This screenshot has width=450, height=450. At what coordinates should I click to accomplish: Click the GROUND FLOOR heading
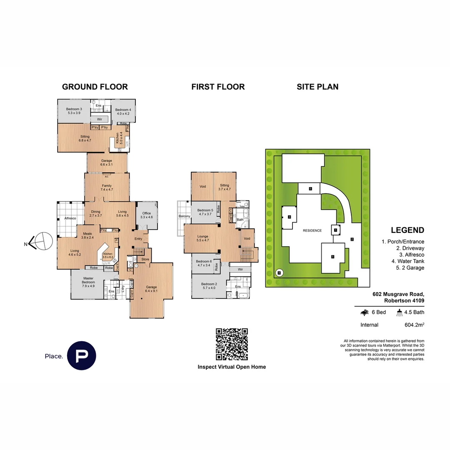[95, 87]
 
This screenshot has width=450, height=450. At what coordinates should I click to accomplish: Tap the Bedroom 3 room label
[74, 111]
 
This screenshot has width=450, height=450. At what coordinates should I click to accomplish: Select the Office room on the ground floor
[147, 215]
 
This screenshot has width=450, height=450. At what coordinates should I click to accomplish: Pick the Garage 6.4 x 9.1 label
[151, 289]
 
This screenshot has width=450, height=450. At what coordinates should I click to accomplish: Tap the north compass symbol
[41, 242]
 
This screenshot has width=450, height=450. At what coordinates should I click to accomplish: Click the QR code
[232, 344]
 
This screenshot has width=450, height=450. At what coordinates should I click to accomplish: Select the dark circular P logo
[82, 355]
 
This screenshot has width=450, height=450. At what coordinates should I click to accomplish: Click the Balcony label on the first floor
[184, 216]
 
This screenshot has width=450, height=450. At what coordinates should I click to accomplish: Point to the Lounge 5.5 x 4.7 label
[202, 238]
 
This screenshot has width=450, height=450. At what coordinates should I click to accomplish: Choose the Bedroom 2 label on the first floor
[210, 286]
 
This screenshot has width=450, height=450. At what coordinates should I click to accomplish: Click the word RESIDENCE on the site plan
[312, 230]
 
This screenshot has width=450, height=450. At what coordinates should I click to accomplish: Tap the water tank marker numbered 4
[279, 273]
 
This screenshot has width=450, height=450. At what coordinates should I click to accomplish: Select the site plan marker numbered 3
[289, 217]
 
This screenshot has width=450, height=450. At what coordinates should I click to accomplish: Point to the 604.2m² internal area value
[411, 325]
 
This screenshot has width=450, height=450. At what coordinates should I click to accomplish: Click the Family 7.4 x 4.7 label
[107, 187]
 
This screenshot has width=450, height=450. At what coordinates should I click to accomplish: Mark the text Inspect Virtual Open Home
[232, 367]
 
